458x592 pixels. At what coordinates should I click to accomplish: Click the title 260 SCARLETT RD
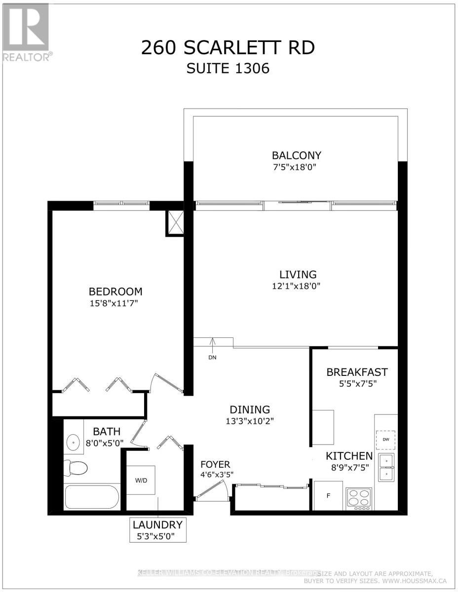click(x=228, y=48)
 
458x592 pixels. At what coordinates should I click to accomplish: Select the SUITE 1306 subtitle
click(x=228, y=68)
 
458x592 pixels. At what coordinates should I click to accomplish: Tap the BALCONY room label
click(x=295, y=156)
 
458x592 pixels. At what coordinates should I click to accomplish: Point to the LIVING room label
click(x=298, y=274)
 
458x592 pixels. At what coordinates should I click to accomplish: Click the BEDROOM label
click(x=115, y=292)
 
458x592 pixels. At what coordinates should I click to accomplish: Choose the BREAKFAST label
click(x=357, y=372)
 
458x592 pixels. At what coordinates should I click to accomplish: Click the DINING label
click(x=250, y=409)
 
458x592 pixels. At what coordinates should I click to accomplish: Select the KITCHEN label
click(x=348, y=455)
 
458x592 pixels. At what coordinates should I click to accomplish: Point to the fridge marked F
click(x=327, y=495)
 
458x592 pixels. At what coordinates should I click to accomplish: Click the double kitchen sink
click(x=385, y=468)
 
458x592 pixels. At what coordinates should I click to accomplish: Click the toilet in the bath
click(x=76, y=466)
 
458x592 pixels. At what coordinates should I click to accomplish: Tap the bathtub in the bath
click(x=91, y=498)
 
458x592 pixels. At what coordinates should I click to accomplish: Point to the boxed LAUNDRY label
click(x=157, y=529)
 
